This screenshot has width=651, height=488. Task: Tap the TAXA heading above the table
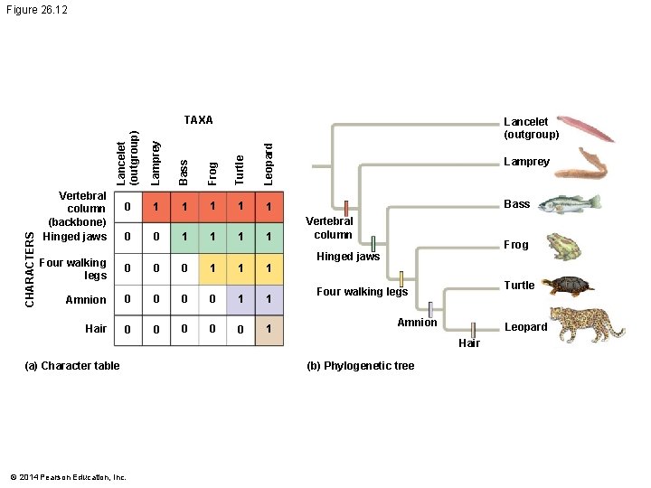click(x=198, y=120)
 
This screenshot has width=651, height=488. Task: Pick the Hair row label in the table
click(x=96, y=329)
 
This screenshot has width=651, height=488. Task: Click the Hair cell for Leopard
click(x=269, y=330)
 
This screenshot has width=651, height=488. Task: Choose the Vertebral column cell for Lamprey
click(x=156, y=208)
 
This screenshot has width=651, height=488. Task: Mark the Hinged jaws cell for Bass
click(x=184, y=237)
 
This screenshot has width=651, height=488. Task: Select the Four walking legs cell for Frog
click(x=212, y=268)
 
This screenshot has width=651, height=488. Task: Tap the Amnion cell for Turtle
click(x=241, y=299)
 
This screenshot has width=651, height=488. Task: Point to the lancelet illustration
click(x=586, y=129)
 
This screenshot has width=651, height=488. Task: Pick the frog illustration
click(x=566, y=245)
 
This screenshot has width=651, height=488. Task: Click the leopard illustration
click(x=588, y=324)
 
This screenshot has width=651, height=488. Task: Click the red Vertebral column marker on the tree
click(x=345, y=208)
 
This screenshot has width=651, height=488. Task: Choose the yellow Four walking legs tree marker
click(x=401, y=278)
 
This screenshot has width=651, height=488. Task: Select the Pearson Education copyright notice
click(x=68, y=477)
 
